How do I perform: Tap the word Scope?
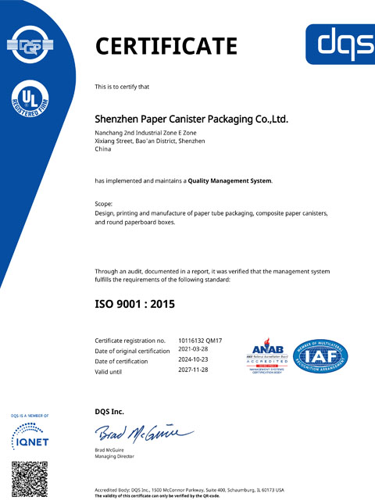tap(104, 205)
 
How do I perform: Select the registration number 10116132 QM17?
tap(201, 341)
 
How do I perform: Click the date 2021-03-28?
tap(195, 351)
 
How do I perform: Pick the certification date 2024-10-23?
tap(195, 360)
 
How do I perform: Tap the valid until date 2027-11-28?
tap(195, 370)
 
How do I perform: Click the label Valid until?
tap(111, 370)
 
